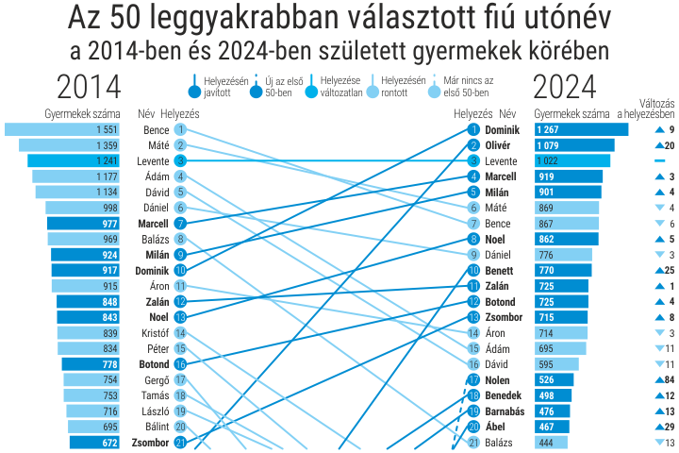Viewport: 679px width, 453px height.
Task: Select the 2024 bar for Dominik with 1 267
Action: click(580, 129)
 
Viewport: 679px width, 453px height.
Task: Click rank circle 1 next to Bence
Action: click(180, 129)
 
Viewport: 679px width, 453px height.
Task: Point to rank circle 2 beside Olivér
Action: click(473, 145)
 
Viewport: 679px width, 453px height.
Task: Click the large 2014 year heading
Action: click(89, 88)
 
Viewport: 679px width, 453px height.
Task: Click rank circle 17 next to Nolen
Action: click(473, 379)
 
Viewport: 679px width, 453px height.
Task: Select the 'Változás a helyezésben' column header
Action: click(644, 108)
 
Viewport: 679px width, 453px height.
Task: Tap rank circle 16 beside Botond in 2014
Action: click(180, 364)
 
